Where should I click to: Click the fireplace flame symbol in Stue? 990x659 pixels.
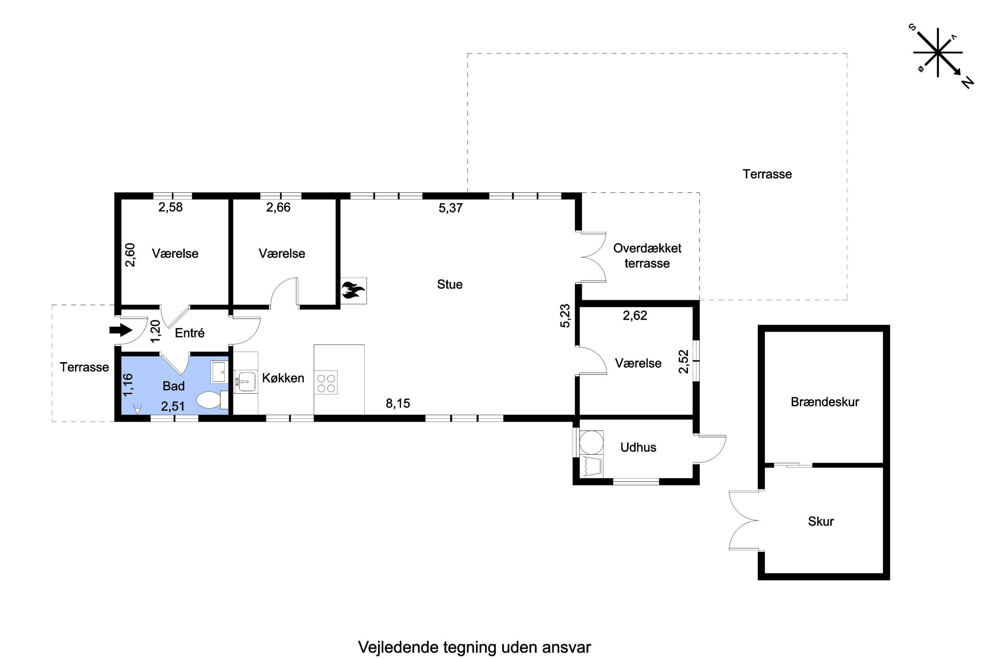click(353, 290)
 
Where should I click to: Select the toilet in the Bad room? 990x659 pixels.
click(209, 400)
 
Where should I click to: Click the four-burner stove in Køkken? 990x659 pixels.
click(326, 383)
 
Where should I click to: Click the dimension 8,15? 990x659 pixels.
click(398, 403)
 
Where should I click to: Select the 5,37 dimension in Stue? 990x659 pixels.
click(450, 208)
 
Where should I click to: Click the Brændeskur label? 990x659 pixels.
click(825, 402)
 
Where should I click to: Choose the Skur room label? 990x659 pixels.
click(821, 522)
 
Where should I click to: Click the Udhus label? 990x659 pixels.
click(638, 447)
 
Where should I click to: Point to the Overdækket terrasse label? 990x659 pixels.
click(647, 256)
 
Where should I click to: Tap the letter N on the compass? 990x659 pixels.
click(968, 83)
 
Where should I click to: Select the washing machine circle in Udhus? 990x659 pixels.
click(591, 442)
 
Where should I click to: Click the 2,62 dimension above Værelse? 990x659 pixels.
click(634, 316)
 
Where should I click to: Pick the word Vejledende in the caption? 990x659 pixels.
click(398, 648)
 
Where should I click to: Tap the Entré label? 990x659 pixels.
click(190, 333)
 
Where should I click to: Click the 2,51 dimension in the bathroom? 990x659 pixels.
click(173, 407)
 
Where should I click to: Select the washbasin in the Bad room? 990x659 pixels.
click(218, 372)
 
